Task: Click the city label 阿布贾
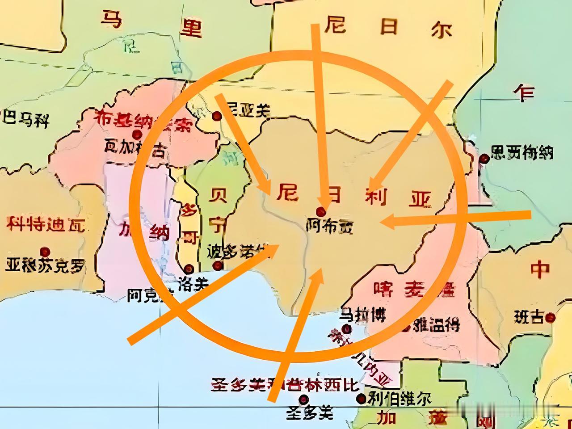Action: click(329, 227)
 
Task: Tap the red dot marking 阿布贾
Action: click(320, 211)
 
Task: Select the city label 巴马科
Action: click(26, 119)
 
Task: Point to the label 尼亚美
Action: click(248, 110)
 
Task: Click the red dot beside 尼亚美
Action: click(217, 116)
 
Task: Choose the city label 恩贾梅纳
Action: click(522, 153)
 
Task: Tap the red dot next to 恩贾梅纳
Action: click(484, 158)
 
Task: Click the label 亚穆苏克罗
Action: click(45, 266)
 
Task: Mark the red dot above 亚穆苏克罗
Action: click(44, 252)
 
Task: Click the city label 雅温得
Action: click(436, 325)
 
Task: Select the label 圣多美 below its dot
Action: click(310, 413)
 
